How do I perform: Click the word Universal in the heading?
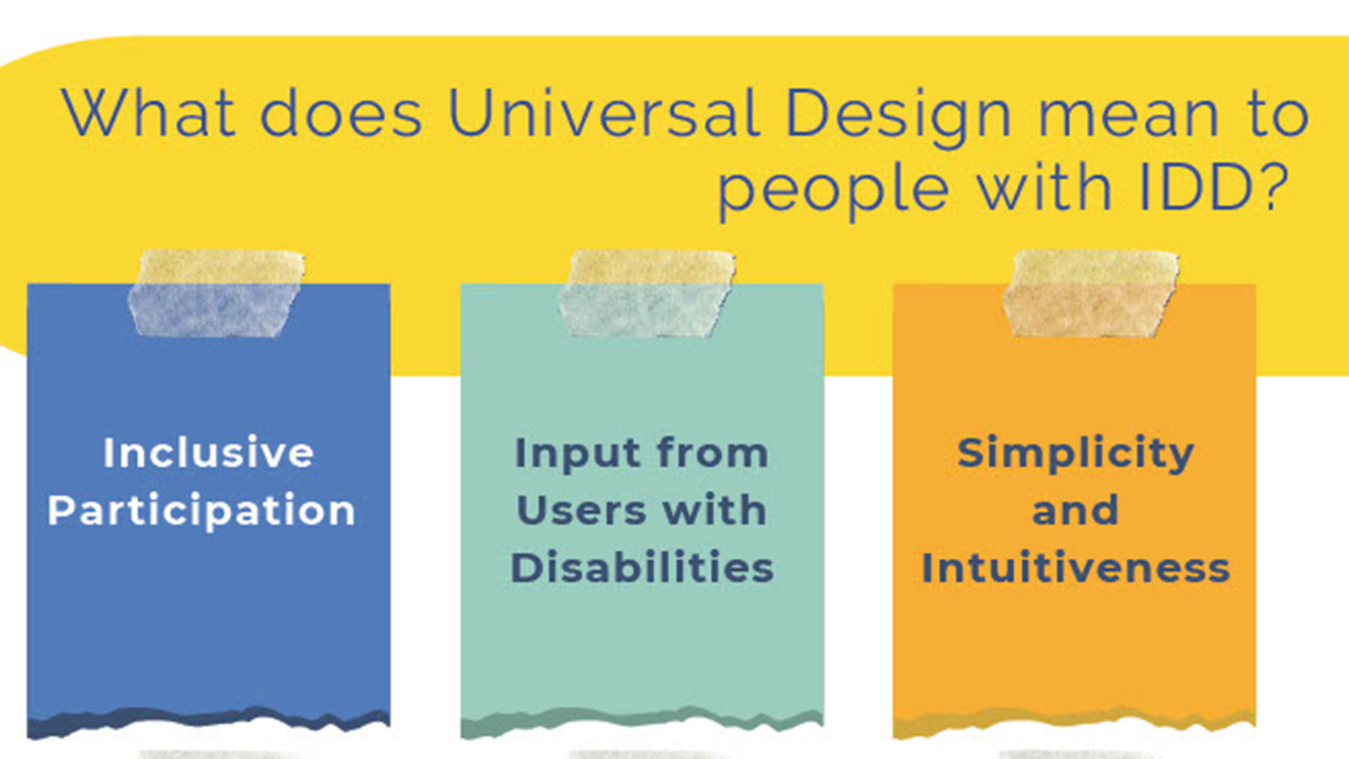coord(604,113)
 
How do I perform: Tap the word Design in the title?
coord(898,117)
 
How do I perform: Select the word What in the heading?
coord(148,113)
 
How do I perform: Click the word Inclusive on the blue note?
coord(208,452)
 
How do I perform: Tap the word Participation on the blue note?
coord(202,511)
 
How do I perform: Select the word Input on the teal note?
coord(578,455)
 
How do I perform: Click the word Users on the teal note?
coord(580,510)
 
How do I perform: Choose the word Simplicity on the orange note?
coord(1076,455)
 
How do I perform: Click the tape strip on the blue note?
coord(217,293)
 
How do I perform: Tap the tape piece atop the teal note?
coord(648,293)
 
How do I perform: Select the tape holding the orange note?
coord(1091,293)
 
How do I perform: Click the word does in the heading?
coord(341,113)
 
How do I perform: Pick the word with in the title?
coord(1044,186)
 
